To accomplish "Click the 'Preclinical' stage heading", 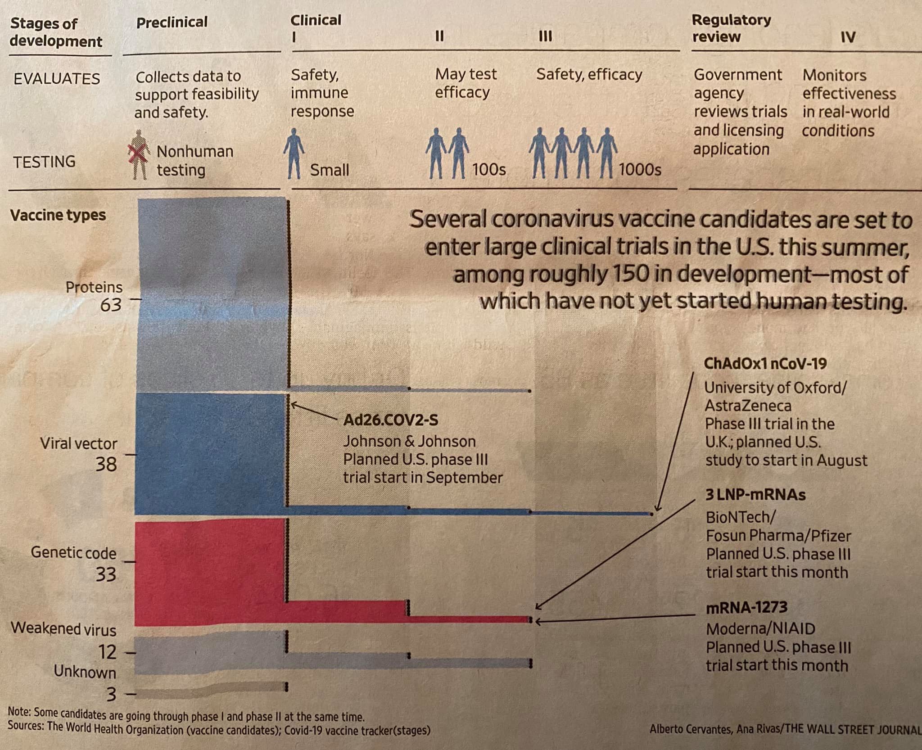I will tap(172, 23).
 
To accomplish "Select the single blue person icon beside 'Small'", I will tap(294, 153).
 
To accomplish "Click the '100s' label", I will tap(488, 170).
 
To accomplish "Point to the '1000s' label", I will tap(639, 170).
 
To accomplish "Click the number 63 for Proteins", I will tap(111, 305).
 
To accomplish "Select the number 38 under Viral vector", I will tap(106, 464).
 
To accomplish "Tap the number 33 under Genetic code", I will tap(106, 574).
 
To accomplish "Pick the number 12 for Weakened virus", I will tap(108, 652).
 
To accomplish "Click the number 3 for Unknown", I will tap(111, 695).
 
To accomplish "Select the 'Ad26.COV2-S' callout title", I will tap(390, 420).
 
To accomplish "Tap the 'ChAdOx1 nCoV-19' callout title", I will tap(765, 363).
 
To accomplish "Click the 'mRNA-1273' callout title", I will tap(746, 608).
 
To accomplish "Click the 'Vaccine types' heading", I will tap(58, 215).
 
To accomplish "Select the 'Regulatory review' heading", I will tap(731, 28).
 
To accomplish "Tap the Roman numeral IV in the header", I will tap(848, 37).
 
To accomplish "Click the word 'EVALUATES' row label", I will tap(57, 79).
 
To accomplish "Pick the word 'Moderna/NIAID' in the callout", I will tap(760, 628).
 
